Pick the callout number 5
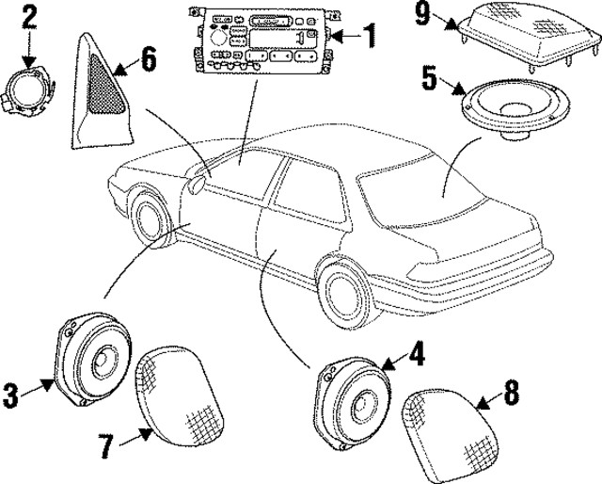coord(428,77)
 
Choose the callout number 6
coord(148,63)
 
